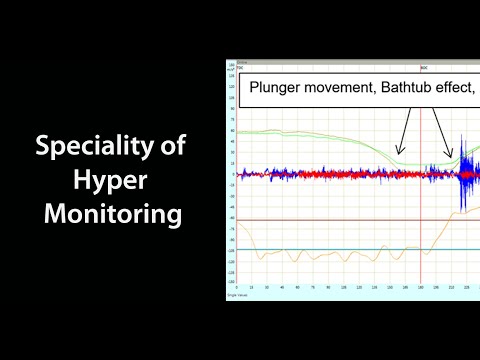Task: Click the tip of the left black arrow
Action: point(397,153)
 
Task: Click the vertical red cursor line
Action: point(421,240)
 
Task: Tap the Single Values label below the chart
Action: point(240,296)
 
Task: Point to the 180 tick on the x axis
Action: point(420,288)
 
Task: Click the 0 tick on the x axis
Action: point(237,288)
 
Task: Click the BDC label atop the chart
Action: point(423,68)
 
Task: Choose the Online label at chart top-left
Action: point(243,62)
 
